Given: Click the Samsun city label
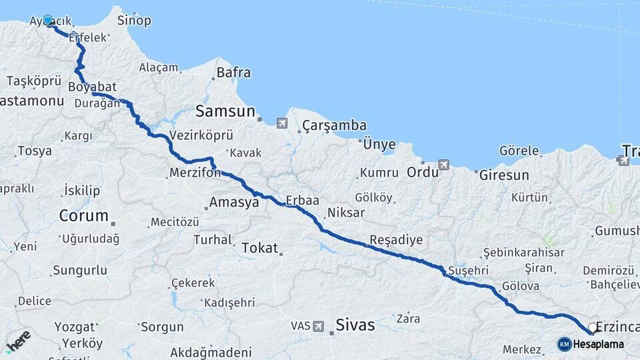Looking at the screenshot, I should click(225, 111).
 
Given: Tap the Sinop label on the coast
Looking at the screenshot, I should click(134, 20).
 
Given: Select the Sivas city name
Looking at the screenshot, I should click(355, 326).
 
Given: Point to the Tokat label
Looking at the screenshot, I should click(259, 248).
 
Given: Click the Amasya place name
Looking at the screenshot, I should click(233, 203).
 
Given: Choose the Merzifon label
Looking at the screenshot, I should click(195, 173).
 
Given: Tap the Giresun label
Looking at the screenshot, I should click(504, 176).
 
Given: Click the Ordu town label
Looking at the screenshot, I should click(423, 171).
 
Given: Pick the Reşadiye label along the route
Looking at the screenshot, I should click(396, 240).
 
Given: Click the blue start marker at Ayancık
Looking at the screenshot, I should click(47, 20).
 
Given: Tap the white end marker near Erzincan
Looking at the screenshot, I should click(592, 327).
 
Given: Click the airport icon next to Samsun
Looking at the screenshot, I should click(281, 123).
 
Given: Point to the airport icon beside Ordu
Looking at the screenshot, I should click(444, 165).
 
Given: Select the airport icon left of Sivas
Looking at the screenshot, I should click(319, 326).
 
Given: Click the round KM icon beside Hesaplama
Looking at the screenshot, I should click(564, 344).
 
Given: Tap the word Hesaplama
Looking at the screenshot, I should click(598, 345).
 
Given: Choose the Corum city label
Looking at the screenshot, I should click(83, 216).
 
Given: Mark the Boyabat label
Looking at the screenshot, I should click(92, 87).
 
